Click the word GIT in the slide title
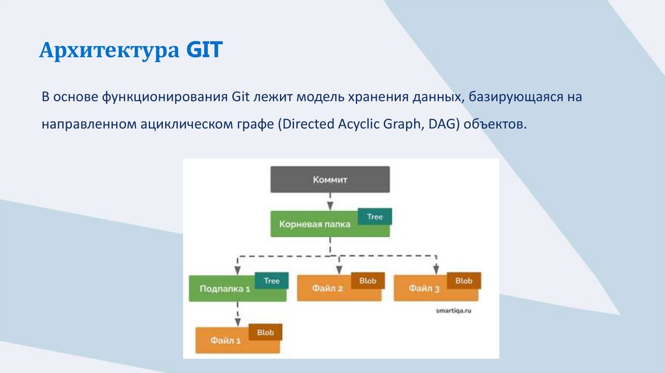click(x=204, y=50)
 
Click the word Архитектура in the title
click(x=109, y=50)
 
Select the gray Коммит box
click(x=329, y=179)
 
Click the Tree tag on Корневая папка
click(x=375, y=216)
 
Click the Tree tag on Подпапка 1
click(x=271, y=281)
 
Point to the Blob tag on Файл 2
click(x=368, y=281)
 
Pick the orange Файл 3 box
click(x=423, y=289)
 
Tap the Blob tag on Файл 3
click(x=464, y=281)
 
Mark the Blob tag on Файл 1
click(x=265, y=332)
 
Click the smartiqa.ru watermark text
click(x=453, y=311)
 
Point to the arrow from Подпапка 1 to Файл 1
click(x=237, y=313)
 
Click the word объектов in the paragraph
click(x=494, y=124)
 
